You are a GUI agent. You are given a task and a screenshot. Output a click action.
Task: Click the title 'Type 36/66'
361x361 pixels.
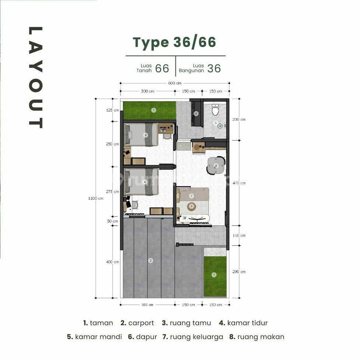(x=174, y=42)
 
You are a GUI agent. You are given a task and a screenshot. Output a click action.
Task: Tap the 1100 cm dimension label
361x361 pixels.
(x=95, y=198)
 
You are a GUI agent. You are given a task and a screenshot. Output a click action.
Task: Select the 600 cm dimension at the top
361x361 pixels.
(x=175, y=83)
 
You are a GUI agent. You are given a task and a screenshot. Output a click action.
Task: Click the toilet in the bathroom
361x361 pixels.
(x=215, y=110)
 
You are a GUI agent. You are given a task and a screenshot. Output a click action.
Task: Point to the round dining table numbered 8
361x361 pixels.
(x=216, y=166)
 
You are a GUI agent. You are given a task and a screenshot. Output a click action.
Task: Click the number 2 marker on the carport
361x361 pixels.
(x=151, y=260)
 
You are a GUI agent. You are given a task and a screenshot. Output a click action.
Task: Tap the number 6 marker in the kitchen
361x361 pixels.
(x=196, y=113)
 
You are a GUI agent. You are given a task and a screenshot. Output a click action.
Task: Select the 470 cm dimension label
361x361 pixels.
(x=239, y=183)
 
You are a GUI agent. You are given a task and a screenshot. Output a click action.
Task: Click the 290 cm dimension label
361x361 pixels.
(x=239, y=272)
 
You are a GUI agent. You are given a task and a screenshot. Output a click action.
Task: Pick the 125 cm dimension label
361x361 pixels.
(x=112, y=110)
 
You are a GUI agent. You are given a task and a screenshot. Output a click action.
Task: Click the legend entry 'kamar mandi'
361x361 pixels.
(x=94, y=337)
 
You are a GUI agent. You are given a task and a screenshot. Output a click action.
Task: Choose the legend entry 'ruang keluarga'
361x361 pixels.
(x=193, y=337)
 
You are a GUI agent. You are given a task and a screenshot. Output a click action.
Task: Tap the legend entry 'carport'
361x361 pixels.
(x=137, y=323)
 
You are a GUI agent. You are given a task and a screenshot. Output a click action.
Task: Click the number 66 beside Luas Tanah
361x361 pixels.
(x=162, y=69)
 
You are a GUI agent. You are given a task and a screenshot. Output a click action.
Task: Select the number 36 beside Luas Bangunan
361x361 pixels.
(x=214, y=69)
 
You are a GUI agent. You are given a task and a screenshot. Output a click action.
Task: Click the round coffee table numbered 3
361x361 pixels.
(x=191, y=206)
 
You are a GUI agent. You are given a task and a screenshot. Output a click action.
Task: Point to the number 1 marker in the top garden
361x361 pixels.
(x=154, y=110)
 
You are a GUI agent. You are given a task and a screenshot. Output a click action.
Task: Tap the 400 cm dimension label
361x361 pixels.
(x=112, y=262)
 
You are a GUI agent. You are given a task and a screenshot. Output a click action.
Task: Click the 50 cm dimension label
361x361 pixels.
(x=112, y=221)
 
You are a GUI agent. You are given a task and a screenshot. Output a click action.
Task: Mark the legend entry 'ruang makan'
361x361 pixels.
(x=257, y=337)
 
